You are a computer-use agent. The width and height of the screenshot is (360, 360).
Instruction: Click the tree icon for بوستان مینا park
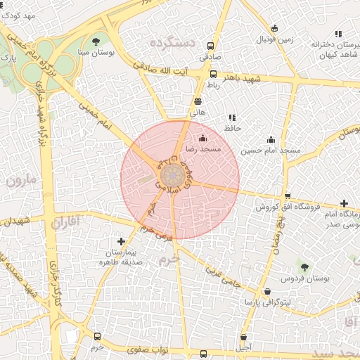[96, 41]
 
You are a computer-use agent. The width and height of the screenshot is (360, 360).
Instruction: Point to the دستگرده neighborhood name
[172, 44]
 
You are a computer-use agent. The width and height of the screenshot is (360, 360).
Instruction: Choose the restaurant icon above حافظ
[232, 117]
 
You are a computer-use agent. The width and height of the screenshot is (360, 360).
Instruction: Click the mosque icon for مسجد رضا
[204, 138]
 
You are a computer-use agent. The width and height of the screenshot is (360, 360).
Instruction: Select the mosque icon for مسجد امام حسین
[271, 139]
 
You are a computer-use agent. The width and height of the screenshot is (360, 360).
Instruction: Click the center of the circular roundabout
[174, 176]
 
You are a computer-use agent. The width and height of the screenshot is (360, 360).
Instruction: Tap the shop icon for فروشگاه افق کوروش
[287, 196]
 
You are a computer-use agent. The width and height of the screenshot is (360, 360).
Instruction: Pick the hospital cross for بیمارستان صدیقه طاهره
[122, 241]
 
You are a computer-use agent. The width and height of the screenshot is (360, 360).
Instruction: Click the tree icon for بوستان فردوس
[304, 267]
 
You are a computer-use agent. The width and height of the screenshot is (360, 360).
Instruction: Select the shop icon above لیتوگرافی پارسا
[267, 291]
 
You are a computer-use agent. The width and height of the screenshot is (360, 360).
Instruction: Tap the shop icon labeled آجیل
[243, 337]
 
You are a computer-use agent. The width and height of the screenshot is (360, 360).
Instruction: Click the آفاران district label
[65, 223]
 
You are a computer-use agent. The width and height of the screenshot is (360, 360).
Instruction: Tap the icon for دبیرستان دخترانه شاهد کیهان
[338, 33]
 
